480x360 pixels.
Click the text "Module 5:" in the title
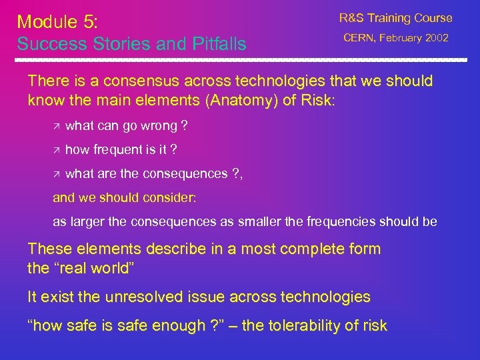[x=57, y=21]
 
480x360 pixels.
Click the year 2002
[x=436, y=38]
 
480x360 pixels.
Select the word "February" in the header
[x=401, y=38]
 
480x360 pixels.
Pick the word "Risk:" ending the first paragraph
[x=319, y=101]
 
